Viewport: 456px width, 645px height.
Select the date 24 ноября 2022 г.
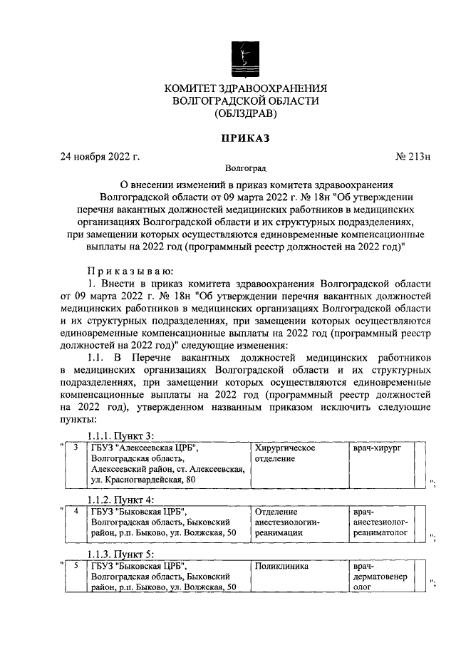(100, 157)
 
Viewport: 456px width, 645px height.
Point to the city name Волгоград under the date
(246, 169)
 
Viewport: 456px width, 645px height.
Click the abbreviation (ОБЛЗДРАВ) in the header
(246, 113)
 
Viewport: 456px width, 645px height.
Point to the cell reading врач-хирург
(378, 448)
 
